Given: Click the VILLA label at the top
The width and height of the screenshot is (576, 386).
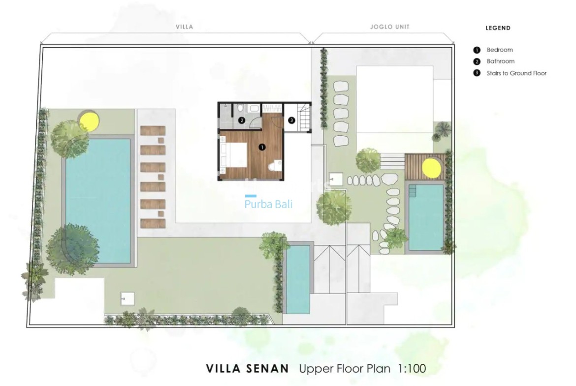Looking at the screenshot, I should [184, 28].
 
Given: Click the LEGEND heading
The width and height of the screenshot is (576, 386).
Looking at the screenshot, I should [498, 28].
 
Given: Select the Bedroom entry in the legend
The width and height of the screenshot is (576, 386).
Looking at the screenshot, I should [499, 50].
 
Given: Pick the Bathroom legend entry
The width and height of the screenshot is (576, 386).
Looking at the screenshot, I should [500, 61].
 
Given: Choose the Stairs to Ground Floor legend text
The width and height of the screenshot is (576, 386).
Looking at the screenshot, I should [516, 73].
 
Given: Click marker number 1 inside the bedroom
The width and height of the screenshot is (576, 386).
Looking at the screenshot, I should [262, 147].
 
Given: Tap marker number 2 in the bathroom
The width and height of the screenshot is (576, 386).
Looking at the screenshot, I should [242, 119].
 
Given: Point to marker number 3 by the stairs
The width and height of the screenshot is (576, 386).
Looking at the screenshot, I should [291, 119].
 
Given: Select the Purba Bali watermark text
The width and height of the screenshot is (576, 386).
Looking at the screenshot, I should [268, 204].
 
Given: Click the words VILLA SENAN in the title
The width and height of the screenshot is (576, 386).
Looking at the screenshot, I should [248, 368].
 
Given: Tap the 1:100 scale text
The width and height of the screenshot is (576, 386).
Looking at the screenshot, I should [409, 368].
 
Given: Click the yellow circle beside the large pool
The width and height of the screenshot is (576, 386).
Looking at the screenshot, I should [89, 120].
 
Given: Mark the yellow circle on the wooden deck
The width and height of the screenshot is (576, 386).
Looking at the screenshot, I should [431, 168].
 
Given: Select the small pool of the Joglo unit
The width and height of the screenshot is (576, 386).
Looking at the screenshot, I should [425, 217].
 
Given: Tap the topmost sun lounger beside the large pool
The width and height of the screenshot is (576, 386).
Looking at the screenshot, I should [153, 131].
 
